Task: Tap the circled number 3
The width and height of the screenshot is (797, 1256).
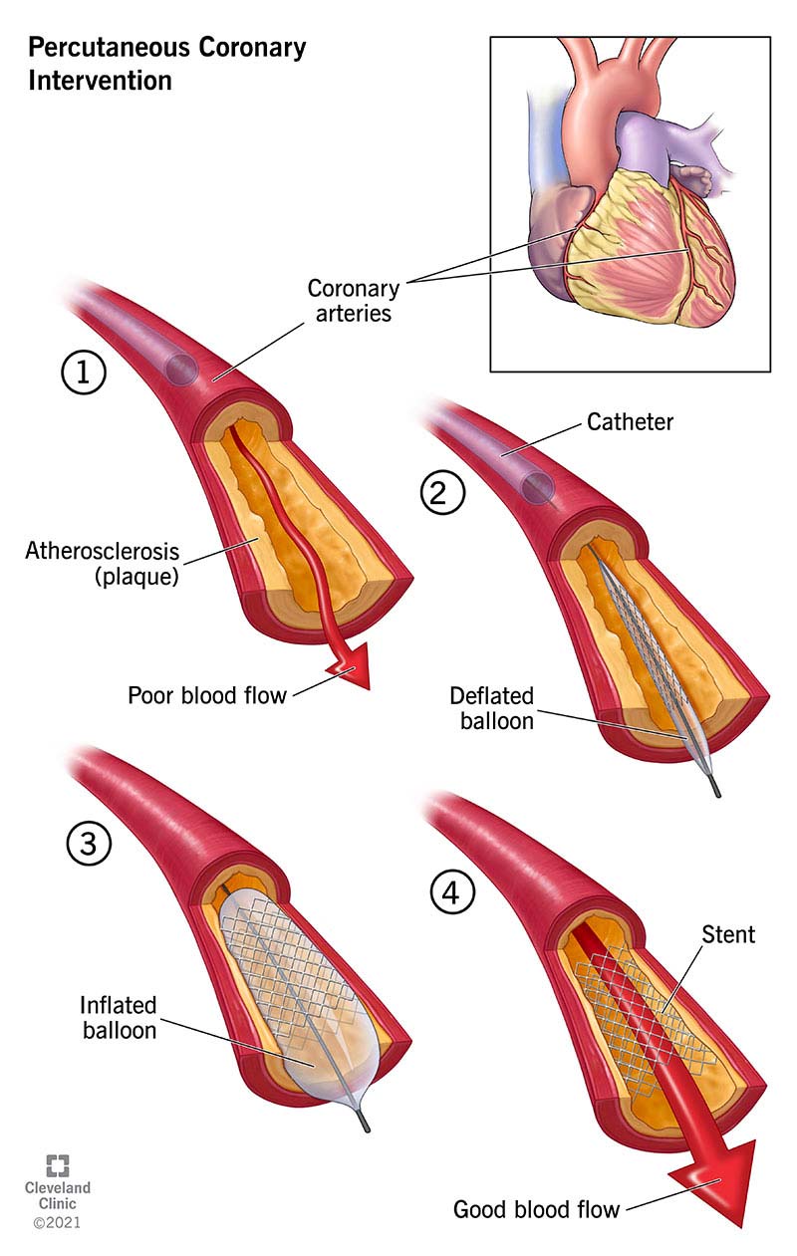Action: tap(89, 845)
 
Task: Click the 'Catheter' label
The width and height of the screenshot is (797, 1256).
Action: tap(630, 422)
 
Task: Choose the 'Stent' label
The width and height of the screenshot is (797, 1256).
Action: tap(727, 934)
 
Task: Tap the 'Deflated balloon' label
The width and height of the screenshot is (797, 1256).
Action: tap(491, 707)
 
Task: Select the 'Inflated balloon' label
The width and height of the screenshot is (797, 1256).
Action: tap(120, 1017)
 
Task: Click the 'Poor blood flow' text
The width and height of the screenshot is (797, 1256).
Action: tap(206, 695)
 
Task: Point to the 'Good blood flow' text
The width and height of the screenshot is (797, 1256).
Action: tap(536, 1209)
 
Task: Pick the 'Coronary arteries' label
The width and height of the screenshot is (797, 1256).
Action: tap(353, 300)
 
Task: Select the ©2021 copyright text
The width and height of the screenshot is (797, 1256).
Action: tap(57, 1221)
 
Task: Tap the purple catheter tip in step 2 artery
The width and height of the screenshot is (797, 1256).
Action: tap(539, 487)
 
